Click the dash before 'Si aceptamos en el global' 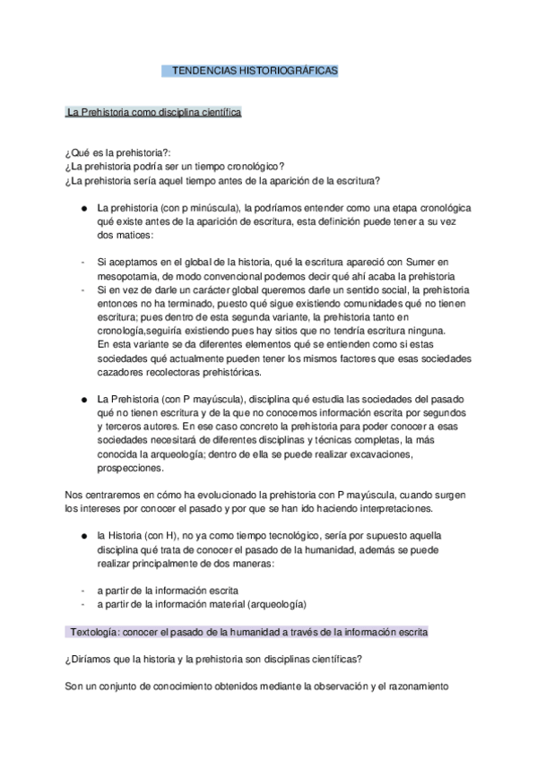pos(82,261)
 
